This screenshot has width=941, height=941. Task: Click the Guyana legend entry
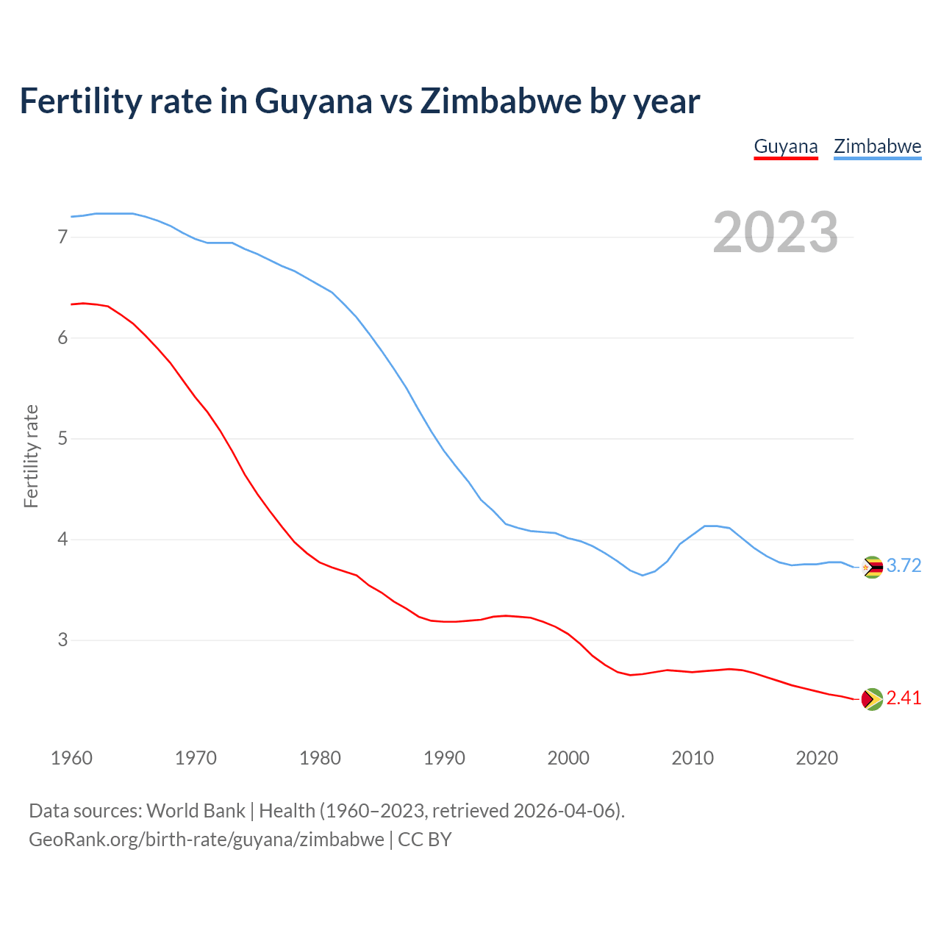click(x=786, y=146)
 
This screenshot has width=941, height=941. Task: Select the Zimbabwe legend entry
click(x=877, y=146)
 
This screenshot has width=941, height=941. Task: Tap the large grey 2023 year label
click(x=775, y=232)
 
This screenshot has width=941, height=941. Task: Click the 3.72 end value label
click(x=904, y=565)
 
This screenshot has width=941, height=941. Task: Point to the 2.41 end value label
click(x=904, y=698)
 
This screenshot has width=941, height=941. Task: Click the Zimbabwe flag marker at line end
click(x=872, y=567)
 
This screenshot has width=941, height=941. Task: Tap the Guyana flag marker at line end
click(x=872, y=699)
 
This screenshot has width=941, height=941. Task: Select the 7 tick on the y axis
click(x=62, y=237)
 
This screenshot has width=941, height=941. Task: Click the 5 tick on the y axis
click(x=62, y=439)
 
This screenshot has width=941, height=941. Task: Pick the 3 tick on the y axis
click(x=62, y=640)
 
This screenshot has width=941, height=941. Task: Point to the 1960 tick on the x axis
click(x=71, y=758)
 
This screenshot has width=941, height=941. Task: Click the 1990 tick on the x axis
click(x=444, y=758)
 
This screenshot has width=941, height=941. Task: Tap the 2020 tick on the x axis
click(x=817, y=758)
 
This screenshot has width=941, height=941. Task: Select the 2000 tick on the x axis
click(x=568, y=758)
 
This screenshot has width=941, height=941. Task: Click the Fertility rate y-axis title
click(x=31, y=456)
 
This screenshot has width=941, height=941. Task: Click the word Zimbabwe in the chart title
click(x=500, y=101)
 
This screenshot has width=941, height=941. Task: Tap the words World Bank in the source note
click(x=196, y=811)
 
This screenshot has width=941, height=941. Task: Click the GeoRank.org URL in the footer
click(x=206, y=840)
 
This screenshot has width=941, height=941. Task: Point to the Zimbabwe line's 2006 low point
click(x=643, y=575)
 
